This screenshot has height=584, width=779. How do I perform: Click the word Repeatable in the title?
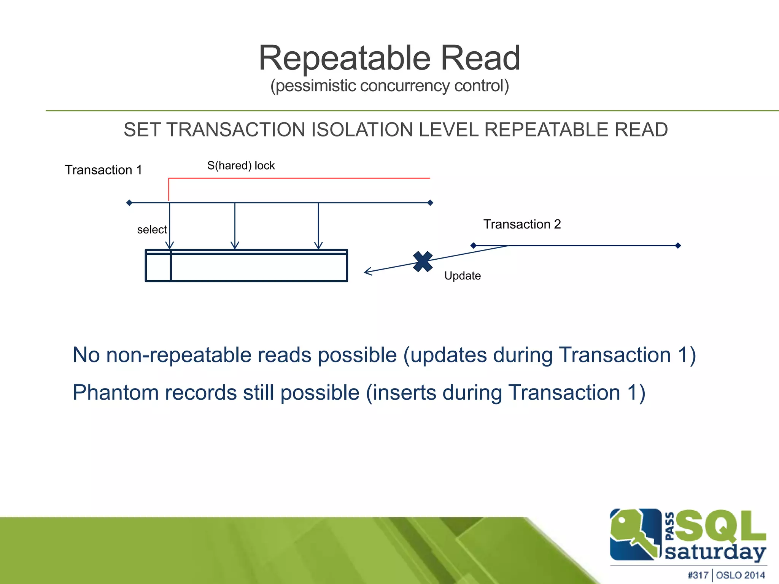click(344, 58)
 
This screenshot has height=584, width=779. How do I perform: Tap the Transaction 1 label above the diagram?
click(103, 170)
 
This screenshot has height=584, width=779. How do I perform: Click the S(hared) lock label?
click(241, 166)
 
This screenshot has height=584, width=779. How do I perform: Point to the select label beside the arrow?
click(152, 230)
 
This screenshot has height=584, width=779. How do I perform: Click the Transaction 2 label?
click(522, 224)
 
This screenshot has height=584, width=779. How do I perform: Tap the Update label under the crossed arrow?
click(462, 276)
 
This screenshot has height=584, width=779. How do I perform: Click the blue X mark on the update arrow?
click(423, 262)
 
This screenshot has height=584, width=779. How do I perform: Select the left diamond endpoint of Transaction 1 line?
click(129, 203)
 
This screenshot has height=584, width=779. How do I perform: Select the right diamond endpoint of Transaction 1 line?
click(430, 203)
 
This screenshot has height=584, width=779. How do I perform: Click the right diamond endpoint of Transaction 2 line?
click(678, 246)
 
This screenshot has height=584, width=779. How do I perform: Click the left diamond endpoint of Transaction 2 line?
click(474, 246)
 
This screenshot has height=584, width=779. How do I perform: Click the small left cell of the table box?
click(158, 267)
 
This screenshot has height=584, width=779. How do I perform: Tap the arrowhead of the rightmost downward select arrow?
click(319, 246)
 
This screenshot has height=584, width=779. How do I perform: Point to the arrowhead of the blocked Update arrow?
click(367, 271)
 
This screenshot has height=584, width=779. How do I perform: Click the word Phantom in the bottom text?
click(115, 393)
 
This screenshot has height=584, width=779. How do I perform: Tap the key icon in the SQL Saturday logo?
click(634, 534)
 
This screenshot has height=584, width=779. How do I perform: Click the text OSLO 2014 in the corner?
click(740, 575)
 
